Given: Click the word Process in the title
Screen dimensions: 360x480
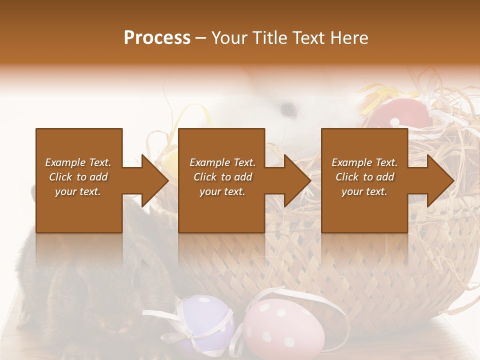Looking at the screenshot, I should click(157, 38).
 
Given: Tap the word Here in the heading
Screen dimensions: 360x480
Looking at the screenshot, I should click(348, 38).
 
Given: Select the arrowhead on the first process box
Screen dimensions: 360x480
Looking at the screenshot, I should click(152, 180).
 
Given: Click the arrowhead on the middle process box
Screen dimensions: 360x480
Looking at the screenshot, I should click(295, 180).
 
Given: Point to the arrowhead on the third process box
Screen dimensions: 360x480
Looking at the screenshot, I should click(438, 180).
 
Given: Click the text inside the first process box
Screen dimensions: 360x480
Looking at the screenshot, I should click(78, 177).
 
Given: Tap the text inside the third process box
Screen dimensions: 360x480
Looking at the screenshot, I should click(364, 177).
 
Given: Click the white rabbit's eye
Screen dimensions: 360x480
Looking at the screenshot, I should click(287, 107).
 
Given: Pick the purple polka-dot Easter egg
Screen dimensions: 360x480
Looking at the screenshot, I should click(206, 320).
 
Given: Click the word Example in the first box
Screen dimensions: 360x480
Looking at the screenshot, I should click(64, 162).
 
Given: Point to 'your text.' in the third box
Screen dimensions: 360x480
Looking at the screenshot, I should click(364, 191).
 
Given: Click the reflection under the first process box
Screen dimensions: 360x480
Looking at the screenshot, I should click(79, 250).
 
